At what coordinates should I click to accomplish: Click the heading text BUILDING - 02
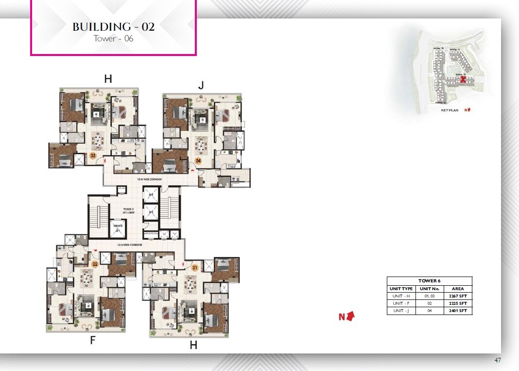113,27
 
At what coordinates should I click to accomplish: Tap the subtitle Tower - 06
113,38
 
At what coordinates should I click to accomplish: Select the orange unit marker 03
93,156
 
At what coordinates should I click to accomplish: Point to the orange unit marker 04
198,160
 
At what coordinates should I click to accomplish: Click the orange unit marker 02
95,264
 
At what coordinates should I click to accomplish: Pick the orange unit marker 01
195,267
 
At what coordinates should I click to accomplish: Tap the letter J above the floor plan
201,86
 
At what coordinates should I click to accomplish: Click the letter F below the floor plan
92,341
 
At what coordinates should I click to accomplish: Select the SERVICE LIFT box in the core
118,227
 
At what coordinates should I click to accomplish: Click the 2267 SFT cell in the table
458,296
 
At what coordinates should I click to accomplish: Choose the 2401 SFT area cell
458,311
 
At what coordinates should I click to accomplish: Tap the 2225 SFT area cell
458,303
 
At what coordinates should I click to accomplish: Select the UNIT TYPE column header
401,289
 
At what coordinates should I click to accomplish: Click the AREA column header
458,289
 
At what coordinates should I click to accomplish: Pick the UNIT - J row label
401,311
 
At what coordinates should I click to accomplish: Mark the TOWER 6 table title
429,281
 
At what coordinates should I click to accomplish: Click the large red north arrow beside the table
350,316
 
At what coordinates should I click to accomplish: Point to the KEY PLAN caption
449,111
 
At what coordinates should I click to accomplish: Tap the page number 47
497,360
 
